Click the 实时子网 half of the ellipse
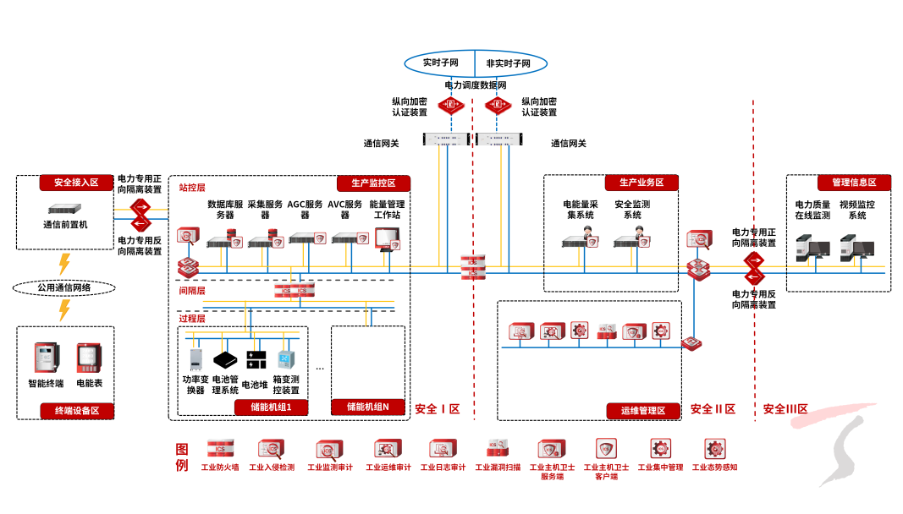coord(440,63)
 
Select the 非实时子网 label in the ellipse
coord(508,63)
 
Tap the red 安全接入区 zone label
coord(76,183)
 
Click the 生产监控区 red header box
coord(373,183)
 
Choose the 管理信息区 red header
coord(854,183)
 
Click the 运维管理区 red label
coord(643,412)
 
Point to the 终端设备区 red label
coord(77,411)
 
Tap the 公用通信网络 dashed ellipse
coord(63,288)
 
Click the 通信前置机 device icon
coord(64,209)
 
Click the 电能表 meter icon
coord(89,358)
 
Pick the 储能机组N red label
coord(368,407)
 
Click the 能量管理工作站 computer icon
coord(387,240)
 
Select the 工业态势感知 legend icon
coord(715,449)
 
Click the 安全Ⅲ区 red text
coord(785,409)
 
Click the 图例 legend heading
coord(182,457)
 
